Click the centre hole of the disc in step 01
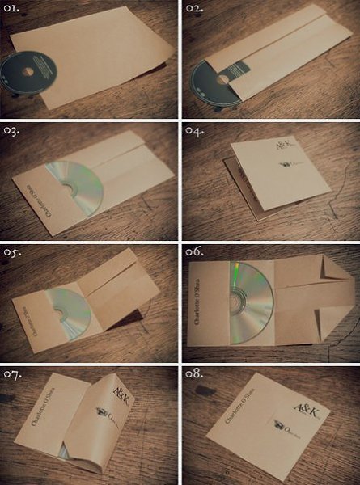point(28,72)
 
